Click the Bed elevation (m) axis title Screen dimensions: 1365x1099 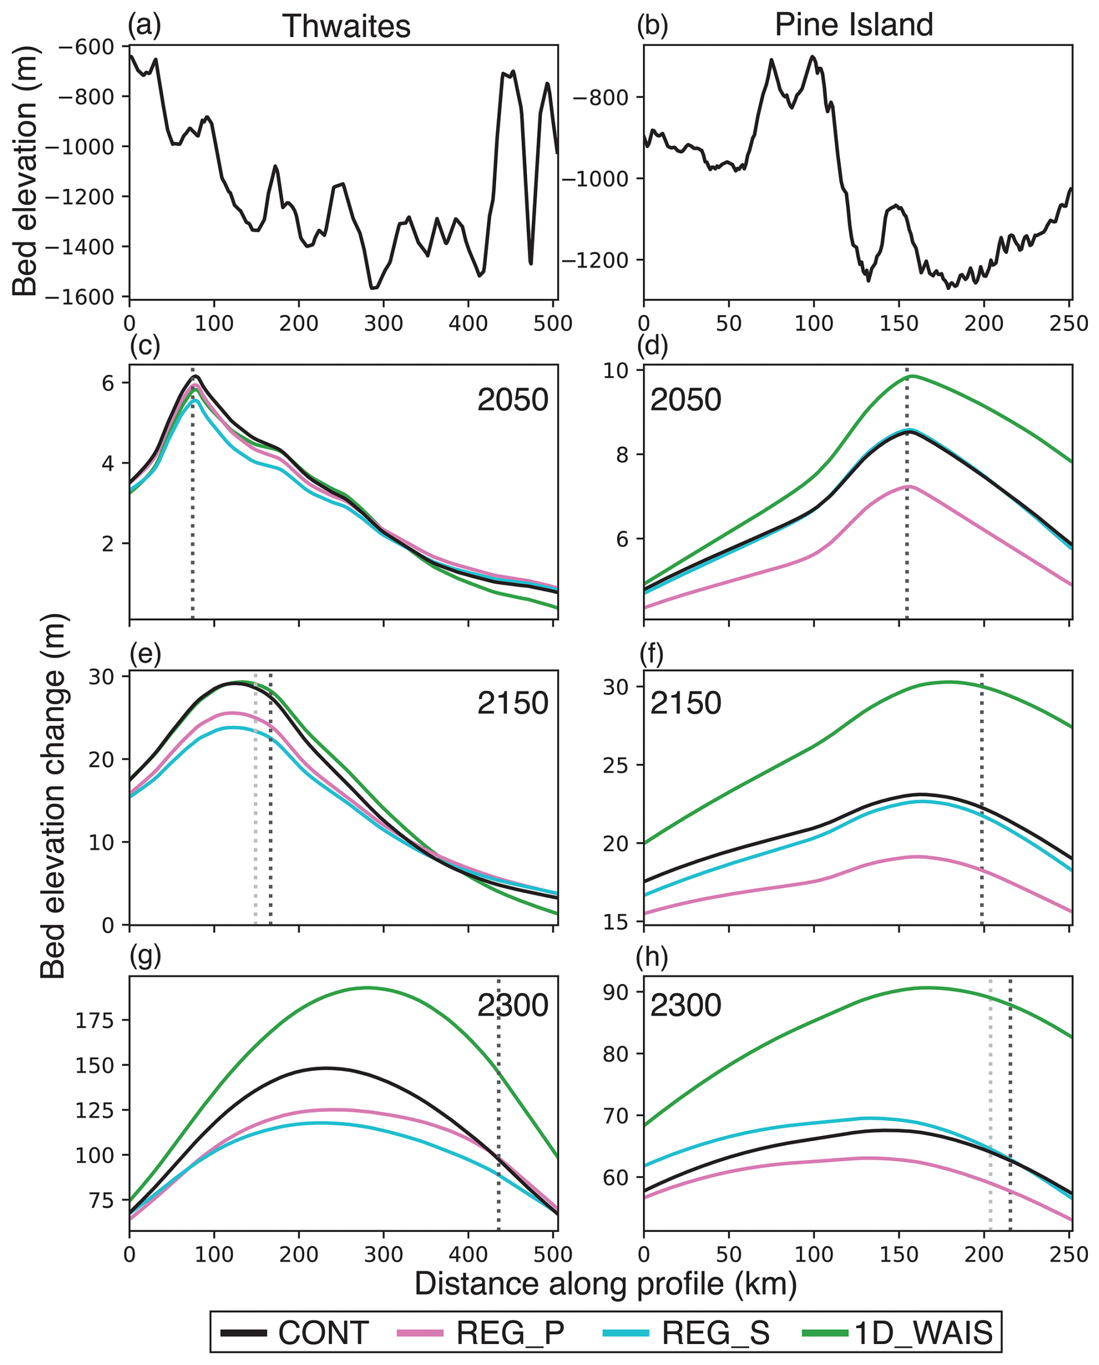coord(26,171)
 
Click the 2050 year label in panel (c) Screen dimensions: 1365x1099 coord(513,400)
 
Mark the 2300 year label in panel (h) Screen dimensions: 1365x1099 coord(685,1005)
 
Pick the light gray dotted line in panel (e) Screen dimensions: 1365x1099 coord(255,823)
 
